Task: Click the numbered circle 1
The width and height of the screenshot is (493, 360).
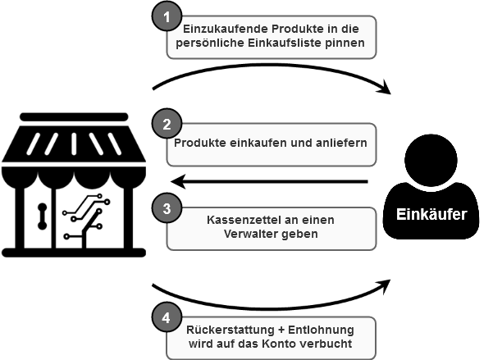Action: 167,16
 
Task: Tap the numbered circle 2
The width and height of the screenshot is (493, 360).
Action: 167,124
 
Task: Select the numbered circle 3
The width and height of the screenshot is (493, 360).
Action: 167,208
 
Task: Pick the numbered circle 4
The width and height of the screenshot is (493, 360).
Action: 167,317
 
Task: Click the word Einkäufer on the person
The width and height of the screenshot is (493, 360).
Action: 431,214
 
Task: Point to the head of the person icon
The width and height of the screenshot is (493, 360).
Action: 431,161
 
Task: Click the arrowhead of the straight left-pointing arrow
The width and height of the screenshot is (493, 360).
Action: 178,181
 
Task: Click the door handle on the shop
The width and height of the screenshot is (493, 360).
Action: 42,216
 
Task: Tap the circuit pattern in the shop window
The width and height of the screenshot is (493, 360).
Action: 85,218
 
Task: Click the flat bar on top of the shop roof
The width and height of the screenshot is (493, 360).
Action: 74,116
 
